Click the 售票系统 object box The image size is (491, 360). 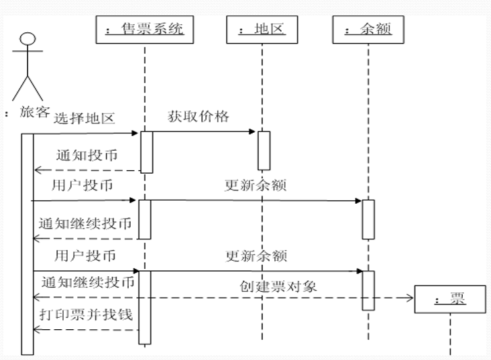(145, 30)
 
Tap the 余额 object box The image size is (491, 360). (368, 30)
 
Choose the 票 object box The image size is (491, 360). (449, 300)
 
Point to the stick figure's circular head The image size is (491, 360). (26, 38)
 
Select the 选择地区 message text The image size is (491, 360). (85, 119)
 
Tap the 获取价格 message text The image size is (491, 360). (199, 117)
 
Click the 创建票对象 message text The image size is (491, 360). (278, 286)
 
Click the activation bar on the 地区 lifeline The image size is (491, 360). (264, 150)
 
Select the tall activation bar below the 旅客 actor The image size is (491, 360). (27, 241)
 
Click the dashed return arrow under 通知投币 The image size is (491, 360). (87, 171)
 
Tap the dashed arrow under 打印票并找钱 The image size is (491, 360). (87, 330)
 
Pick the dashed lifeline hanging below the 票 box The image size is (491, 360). (449, 335)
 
